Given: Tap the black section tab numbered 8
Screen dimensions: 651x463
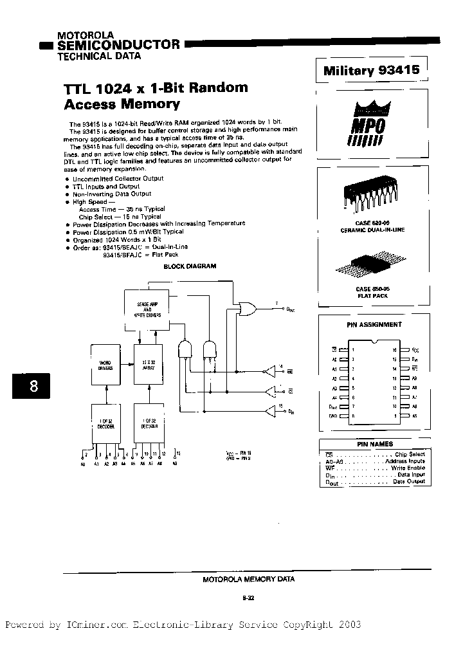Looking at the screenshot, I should (33, 386).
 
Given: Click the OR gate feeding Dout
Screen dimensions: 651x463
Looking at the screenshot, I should (246, 309).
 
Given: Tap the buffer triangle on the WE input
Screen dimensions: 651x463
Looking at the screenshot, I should (269, 371).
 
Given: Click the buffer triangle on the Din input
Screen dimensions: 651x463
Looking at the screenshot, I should (269, 410).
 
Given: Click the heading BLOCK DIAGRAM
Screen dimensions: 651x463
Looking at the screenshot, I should (190, 266).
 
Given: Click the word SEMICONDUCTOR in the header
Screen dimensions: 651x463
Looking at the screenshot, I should (119, 45).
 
